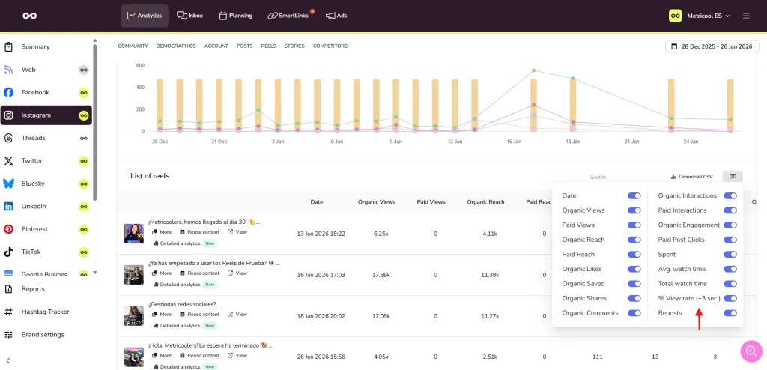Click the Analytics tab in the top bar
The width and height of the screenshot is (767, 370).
click(145, 16)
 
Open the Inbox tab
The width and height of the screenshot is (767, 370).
click(190, 16)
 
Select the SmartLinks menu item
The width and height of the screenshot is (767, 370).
click(288, 16)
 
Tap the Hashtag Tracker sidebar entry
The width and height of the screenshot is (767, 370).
click(45, 312)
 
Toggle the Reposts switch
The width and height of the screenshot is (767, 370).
click(730, 313)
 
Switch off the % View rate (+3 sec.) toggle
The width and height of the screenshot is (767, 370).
click(730, 298)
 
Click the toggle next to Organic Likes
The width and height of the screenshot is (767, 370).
click(634, 269)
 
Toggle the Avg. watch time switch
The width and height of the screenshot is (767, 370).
click(730, 269)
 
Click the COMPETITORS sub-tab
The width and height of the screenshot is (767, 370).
click(330, 46)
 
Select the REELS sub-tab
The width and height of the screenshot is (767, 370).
click(268, 46)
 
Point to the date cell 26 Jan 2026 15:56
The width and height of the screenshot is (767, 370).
click(317, 357)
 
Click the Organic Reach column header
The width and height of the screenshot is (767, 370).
click(485, 202)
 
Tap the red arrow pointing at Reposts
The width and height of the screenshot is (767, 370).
click(699, 321)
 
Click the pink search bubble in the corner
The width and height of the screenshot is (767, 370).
click(751, 351)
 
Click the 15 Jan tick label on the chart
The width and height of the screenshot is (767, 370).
click(514, 141)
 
